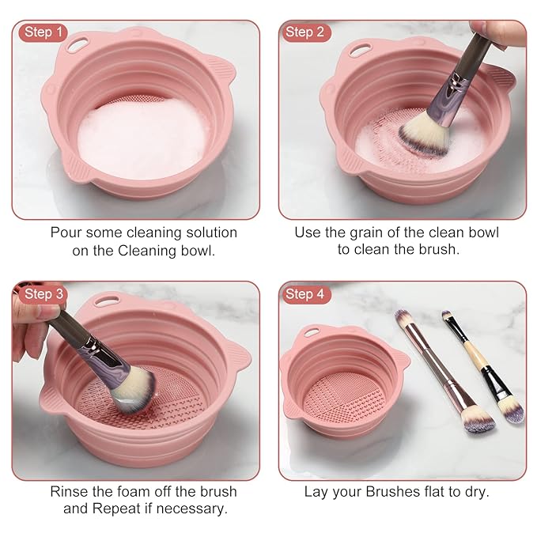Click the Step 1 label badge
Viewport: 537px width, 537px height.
(43, 32)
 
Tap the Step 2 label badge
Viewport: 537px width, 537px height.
(304, 32)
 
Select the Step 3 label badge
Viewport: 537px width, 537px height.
(43, 294)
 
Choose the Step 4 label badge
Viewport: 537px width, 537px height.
(304, 294)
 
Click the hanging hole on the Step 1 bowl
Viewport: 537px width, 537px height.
(79, 36)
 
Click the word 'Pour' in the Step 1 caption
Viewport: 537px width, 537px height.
(66, 233)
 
